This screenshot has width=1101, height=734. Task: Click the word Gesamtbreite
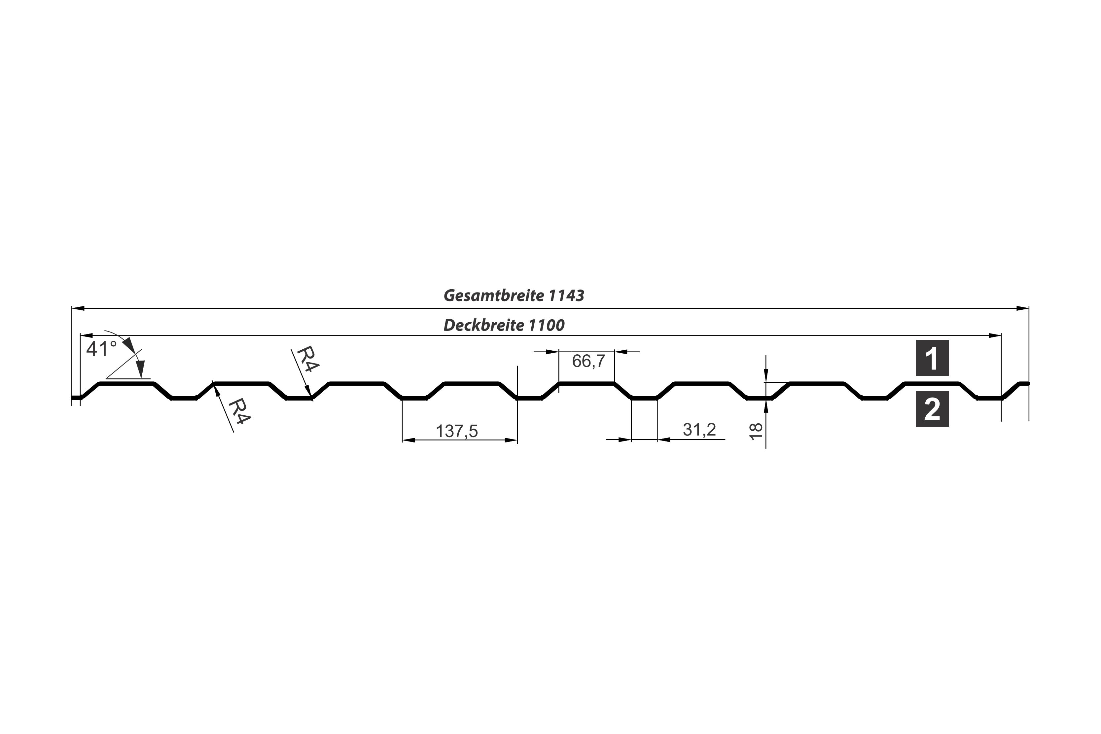pyautogui.click(x=493, y=296)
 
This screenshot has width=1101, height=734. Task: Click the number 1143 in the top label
pyautogui.click(x=566, y=296)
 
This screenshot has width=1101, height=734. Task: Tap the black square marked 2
pyautogui.click(x=932, y=409)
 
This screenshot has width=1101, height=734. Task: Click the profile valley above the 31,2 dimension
pyautogui.click(x=644, y=398)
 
